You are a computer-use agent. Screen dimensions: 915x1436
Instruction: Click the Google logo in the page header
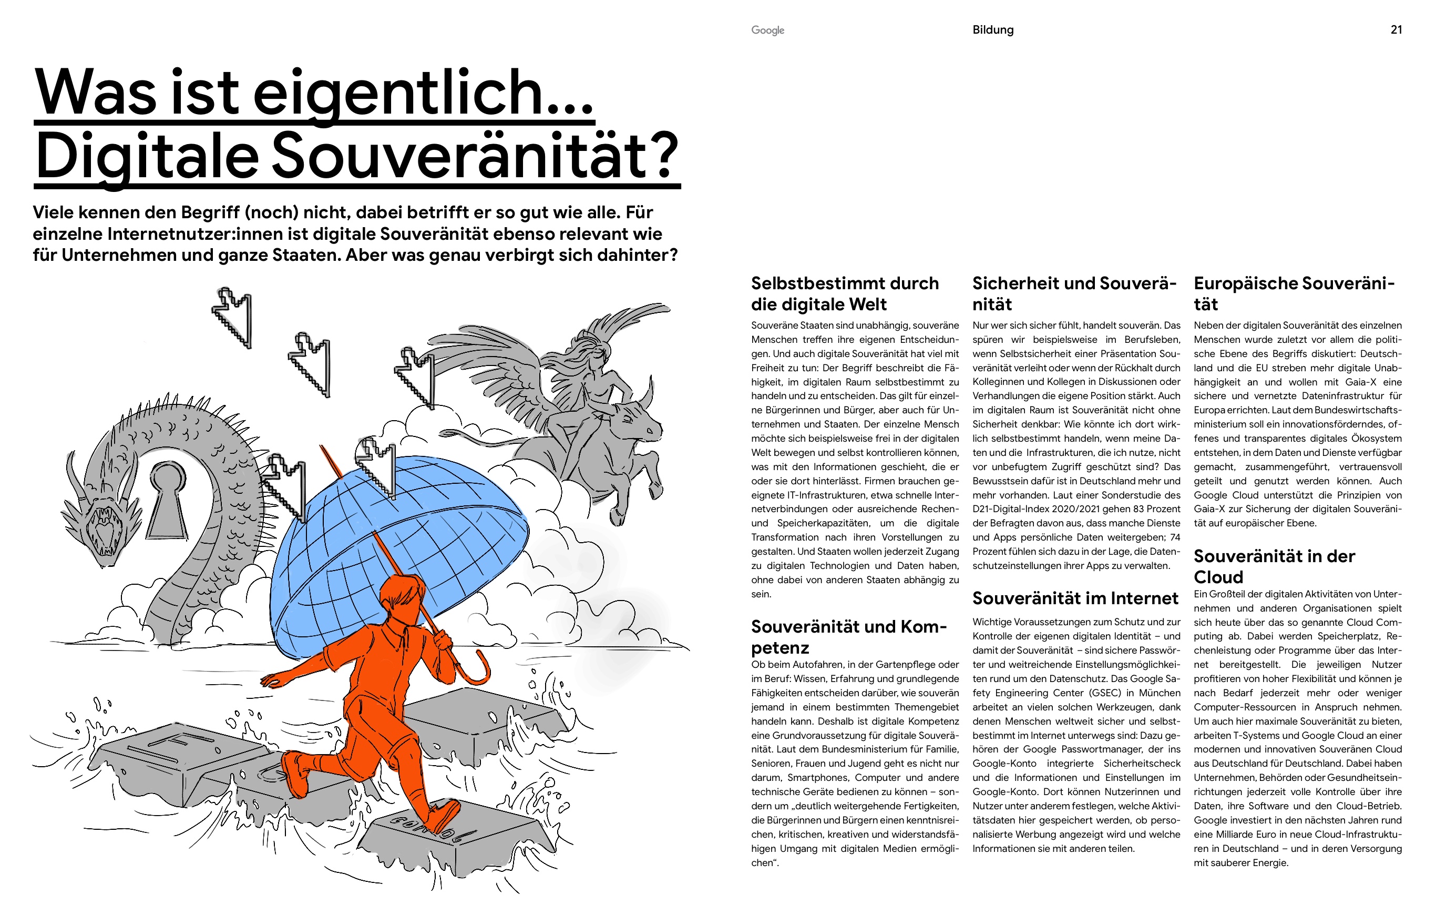pyautogui.click(x=767, y=30)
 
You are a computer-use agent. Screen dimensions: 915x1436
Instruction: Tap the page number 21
pyautogui.click(x=1396, y=30)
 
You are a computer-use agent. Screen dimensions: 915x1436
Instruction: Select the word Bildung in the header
pyautogui.click(x=993, y=30)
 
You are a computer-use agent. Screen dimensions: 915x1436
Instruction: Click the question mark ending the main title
pyautogui.click(x=662, y=156)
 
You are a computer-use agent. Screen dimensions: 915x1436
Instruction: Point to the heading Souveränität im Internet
pyautogui.click(x=1075, y=598)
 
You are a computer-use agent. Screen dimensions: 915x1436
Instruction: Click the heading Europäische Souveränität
pyautogui.click(x=1294, y=293)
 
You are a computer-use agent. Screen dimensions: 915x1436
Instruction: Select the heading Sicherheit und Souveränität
pyautogui.click(x=1074, y=293)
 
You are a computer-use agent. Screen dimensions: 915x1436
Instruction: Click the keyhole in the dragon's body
pyautogui.click(x=168, y=497)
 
